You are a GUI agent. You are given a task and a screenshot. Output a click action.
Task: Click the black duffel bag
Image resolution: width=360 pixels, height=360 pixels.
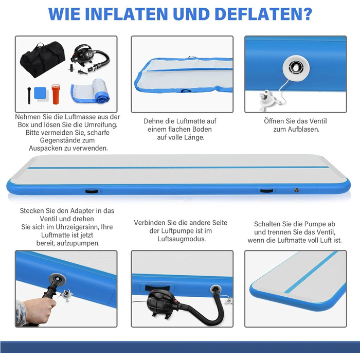pos(43,59)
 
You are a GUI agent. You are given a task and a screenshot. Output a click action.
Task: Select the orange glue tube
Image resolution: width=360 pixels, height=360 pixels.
pos(56,94)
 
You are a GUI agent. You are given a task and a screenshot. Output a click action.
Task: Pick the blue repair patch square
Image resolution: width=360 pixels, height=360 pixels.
pos(40,93)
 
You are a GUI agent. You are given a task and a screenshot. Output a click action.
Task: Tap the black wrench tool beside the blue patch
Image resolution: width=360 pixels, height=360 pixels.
pos(29,96)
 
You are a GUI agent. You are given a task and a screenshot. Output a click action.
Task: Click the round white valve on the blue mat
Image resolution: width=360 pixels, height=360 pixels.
pos(296,68)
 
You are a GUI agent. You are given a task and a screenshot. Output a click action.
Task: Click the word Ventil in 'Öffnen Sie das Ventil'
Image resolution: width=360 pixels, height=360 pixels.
pos(318,121)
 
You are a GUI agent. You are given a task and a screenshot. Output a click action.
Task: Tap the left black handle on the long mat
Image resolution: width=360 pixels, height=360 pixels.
pos(92,191)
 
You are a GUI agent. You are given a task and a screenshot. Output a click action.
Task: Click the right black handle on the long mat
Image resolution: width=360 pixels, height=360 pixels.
pos(267,191)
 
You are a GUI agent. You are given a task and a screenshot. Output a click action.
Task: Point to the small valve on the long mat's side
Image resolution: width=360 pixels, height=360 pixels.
pos(297,190)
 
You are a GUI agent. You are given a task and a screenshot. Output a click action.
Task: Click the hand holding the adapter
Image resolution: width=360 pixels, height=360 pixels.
pos(37,311)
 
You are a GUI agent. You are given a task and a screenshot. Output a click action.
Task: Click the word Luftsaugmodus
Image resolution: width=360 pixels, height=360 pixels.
pos(182,239)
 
